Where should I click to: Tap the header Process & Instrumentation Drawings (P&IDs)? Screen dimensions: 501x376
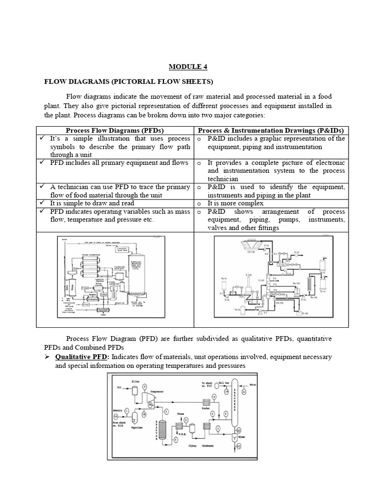point(271,130)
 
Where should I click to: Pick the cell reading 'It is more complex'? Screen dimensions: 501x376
point(235,203)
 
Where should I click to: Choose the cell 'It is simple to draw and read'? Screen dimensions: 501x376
point(92,203)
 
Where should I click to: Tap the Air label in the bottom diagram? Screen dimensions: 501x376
point(118,387)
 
